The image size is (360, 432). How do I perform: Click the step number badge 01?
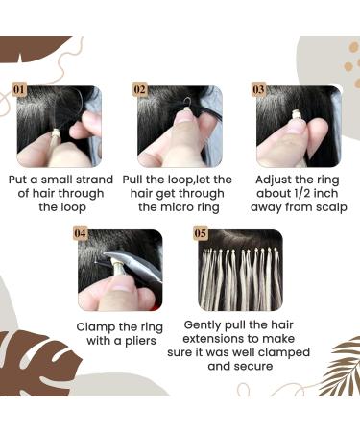coord(19,90)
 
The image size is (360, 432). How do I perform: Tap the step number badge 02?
coord(141,90)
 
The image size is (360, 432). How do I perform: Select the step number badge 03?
coord(259,90)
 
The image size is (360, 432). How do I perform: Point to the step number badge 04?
coord(82,232)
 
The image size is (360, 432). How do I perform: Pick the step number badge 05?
coord(201,232)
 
